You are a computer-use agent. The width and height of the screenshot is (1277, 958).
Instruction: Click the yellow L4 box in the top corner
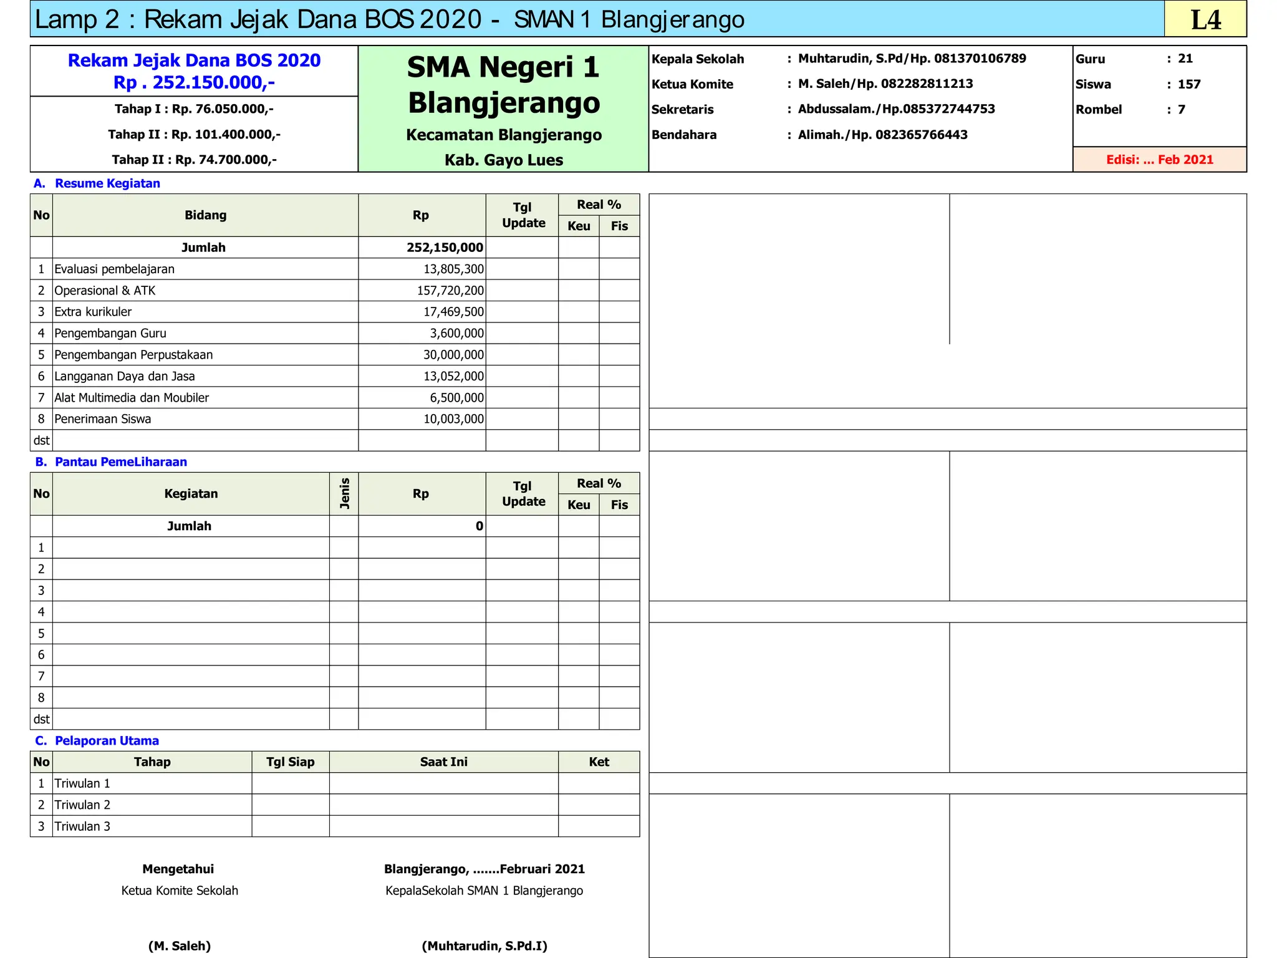click(x=1205, y=19)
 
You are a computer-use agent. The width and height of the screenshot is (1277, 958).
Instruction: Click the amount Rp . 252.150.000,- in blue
click(x=194, y=82)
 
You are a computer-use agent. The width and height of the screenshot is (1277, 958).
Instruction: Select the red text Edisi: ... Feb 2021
click(x=1159, y=160)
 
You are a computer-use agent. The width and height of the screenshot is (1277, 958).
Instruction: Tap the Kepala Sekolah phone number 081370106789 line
click(x=912, y=59)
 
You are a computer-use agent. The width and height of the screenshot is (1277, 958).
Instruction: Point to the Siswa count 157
click(x=1188, y=84)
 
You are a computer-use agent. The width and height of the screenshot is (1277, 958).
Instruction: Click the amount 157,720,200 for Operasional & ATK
click(x=450, y=291)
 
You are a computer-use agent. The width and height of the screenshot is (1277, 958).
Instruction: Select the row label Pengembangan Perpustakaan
click(x=133, y=355)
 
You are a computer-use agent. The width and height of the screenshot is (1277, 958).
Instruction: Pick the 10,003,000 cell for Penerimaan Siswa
click(x=453, y=419)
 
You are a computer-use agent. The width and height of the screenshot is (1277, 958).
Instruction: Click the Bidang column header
click(x=205, y=215)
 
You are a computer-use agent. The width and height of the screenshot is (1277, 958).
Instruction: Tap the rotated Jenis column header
click(x=344, y=493)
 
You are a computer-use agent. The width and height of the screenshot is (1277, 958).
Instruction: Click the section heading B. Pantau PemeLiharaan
click(x=111, y=462)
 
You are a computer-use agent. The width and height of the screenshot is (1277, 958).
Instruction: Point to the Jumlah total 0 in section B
click(x=479, y=526)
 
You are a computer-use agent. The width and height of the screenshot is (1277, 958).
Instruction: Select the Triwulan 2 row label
click(x=82, y=805)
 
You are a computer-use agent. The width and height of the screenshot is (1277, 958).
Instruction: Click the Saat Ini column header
click(x=443, y=762)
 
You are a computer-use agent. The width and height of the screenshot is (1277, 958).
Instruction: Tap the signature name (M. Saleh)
click(x=180, y=946)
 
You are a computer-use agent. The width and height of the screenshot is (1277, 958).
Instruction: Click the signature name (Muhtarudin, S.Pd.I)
click(x=484, y=946)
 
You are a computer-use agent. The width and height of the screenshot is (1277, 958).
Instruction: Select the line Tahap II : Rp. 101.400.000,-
click(x=194, y=135)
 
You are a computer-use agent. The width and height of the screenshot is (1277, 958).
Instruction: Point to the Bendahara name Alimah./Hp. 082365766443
click(x=882, y=135)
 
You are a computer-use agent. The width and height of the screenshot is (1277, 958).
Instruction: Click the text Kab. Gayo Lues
click(x=504, y=160)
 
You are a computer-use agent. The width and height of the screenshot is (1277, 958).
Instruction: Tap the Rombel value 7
click(x=1181, y=110)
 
